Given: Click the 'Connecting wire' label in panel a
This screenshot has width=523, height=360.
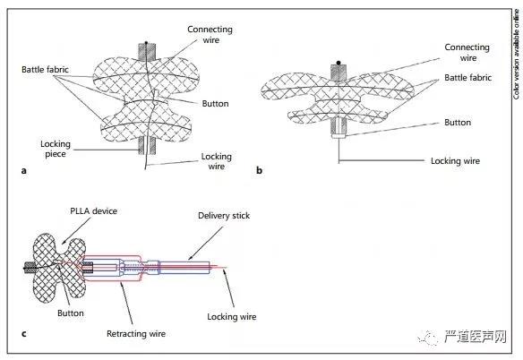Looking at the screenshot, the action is click(210, 34).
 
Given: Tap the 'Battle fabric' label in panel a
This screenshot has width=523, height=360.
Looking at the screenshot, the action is click(45, 69).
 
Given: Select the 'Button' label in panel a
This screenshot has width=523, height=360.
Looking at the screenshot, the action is click(216, 103).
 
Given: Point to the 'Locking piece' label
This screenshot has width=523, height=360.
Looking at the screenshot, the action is click(56, 149).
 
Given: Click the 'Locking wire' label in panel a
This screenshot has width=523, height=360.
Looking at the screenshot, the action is click(216, 161).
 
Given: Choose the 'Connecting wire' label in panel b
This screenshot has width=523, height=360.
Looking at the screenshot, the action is click(467, 52).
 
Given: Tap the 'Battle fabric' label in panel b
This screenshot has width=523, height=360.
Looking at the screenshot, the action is click(468, 77).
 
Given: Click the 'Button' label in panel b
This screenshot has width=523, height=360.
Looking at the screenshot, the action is click(458, 123).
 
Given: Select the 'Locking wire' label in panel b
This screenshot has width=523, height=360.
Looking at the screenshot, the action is click(455, 161).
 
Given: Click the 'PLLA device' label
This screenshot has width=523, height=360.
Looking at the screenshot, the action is click(93, 210).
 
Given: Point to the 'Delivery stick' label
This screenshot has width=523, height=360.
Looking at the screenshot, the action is click(224, 216).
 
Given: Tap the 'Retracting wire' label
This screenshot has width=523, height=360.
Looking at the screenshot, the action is click(136, 334).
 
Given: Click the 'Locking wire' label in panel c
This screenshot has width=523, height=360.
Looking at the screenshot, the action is click(232, 317).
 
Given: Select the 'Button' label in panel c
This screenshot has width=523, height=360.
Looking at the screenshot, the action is click(71, 313).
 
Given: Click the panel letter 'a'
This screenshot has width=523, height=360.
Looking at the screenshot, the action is click(23, 171).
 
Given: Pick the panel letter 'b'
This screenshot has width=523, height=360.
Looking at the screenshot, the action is click(259, 170).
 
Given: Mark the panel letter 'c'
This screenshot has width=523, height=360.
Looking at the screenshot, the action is click(23, 334).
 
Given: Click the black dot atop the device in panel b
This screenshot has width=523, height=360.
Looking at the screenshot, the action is click(339, 63).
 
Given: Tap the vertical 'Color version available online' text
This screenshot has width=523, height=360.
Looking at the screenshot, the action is click(517, 55).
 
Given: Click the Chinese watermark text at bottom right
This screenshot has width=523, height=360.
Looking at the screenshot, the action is click(475, 337).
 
